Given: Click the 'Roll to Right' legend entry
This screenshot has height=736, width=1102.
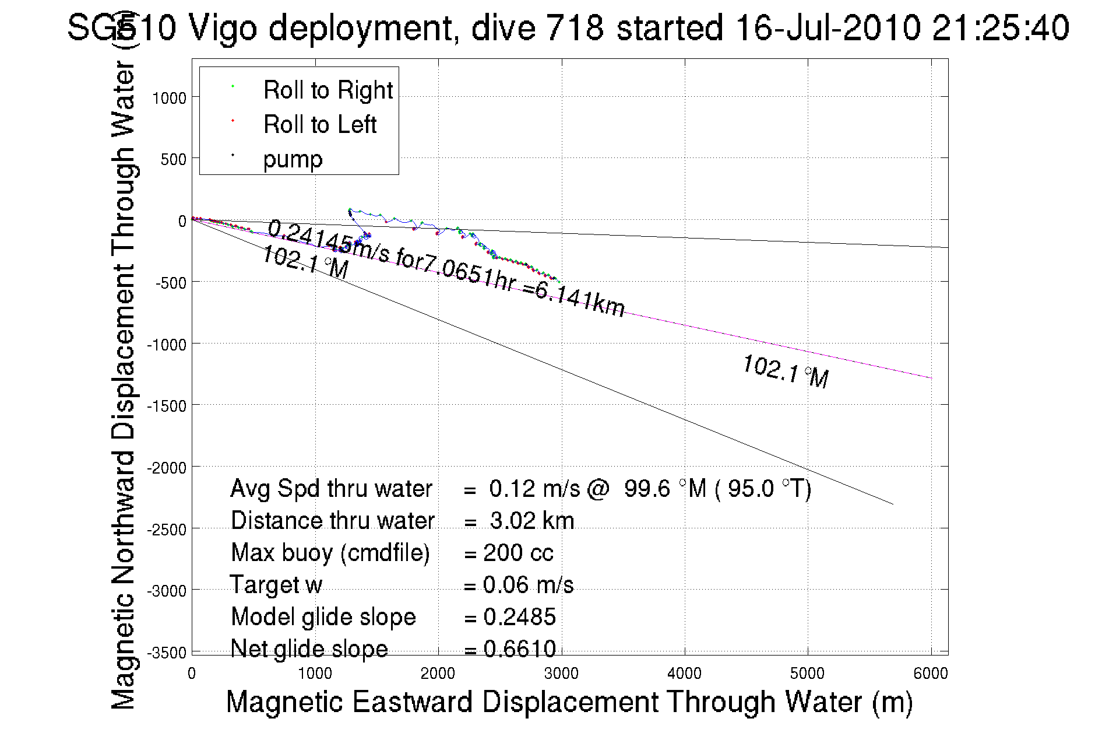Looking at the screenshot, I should (328, 90).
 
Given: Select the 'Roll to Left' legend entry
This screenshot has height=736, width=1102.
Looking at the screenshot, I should (319, 125).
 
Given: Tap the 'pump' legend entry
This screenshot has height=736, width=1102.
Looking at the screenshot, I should (293, 159).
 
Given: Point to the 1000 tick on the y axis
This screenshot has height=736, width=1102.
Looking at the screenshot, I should (169, 98).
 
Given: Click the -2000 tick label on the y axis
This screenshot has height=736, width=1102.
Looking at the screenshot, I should (166, 468).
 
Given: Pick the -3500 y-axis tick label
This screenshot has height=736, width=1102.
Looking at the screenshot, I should (166, 653).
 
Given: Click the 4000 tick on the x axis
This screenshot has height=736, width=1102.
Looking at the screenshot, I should (684, 674).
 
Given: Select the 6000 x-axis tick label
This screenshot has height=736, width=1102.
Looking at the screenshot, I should (931, 674).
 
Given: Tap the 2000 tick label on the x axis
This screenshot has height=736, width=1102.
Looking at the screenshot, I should (438, 674).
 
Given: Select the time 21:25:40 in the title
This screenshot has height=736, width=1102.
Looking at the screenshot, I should (1000, 27).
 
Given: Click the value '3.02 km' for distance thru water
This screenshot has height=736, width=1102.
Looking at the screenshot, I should (532, 521).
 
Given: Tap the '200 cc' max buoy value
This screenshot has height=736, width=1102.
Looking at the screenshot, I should (518, 553).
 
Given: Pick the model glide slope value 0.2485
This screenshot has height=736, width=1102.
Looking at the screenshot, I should (519, 617).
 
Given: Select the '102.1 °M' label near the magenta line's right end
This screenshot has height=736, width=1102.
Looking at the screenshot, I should (786, 371).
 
